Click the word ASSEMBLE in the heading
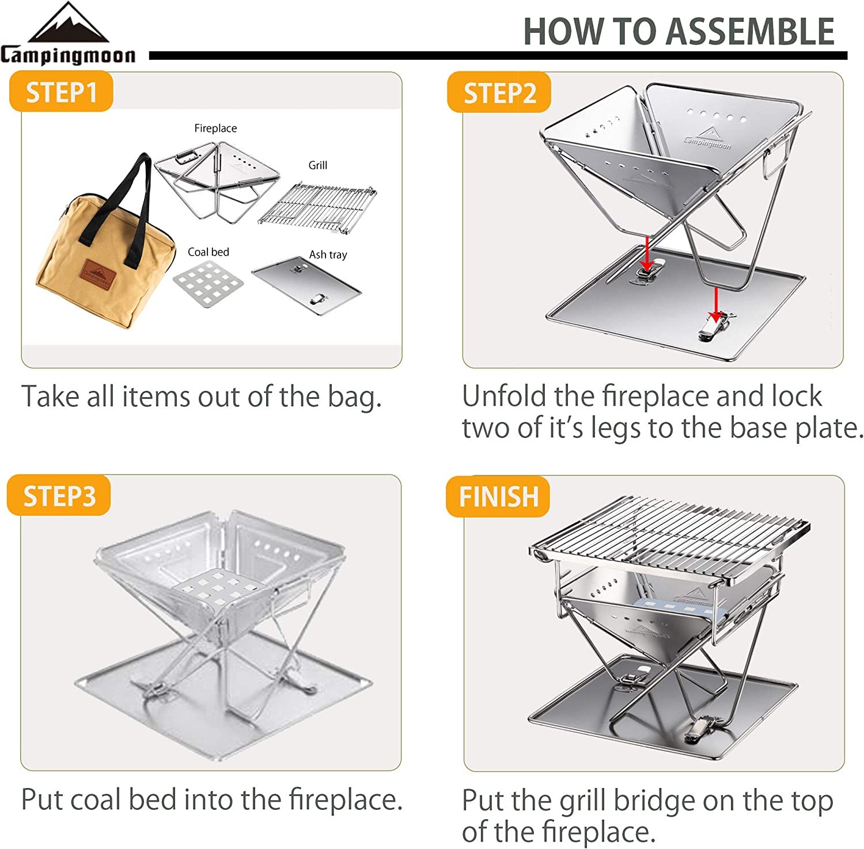tap(749, 32)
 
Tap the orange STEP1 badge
tap(61, 92)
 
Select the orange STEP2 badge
tap(499, 93)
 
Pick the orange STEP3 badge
tap(59, 496)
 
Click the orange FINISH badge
tap(498, 496)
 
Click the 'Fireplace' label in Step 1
tap(215, 128)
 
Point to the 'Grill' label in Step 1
tap(317, 165)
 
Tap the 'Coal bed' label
tap(208, 252)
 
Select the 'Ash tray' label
tap(328, 254)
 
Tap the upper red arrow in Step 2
tap(647, 252)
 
